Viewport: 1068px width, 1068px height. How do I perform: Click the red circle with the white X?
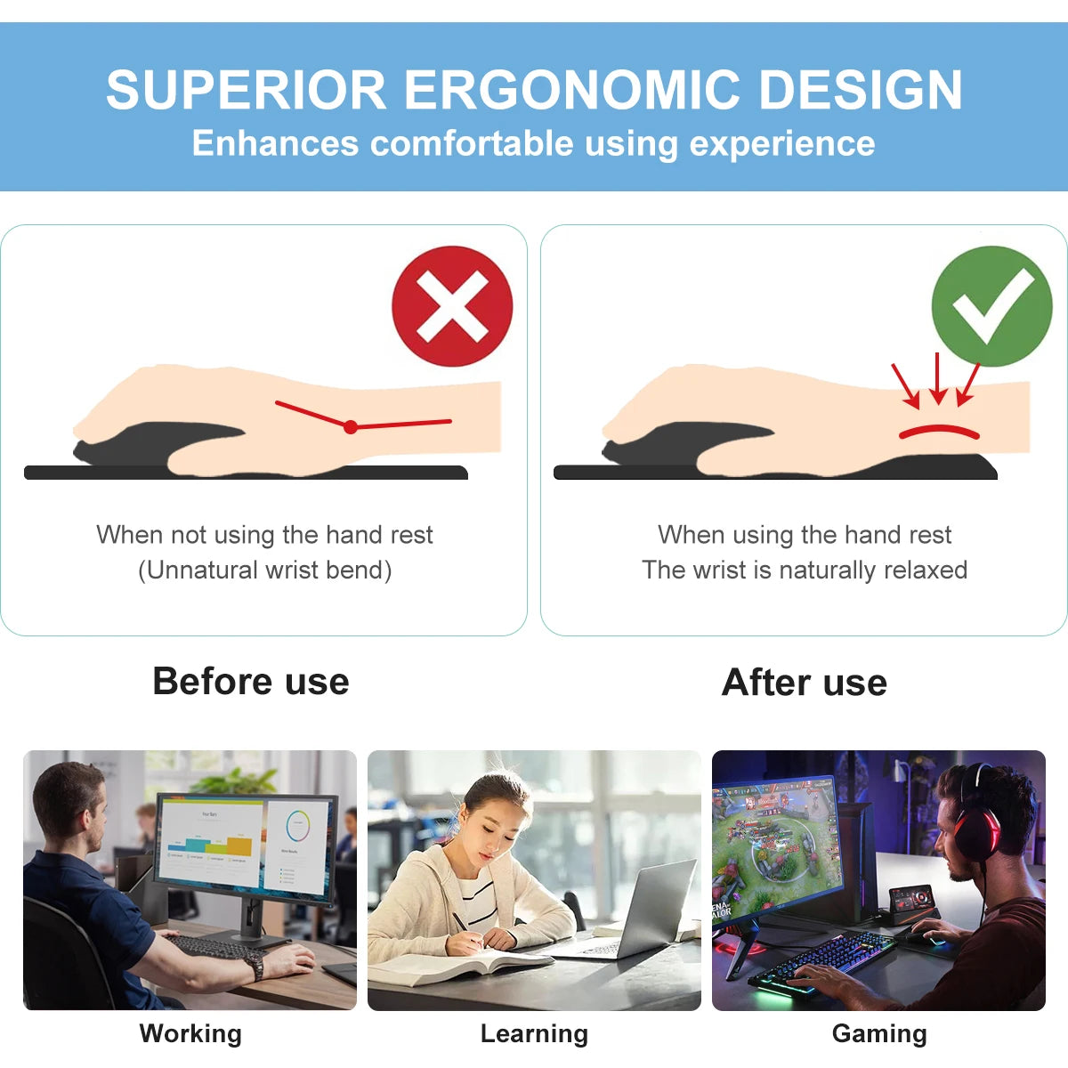452,306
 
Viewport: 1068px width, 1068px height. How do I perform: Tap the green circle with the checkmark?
991,306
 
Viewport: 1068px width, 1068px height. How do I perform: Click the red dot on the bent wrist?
351,427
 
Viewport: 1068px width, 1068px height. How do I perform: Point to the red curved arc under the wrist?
939,431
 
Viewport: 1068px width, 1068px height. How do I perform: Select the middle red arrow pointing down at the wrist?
937,378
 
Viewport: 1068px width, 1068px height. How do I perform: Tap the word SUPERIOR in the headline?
246,90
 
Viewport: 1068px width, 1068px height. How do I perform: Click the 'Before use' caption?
251,682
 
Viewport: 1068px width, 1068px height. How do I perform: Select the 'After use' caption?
805,683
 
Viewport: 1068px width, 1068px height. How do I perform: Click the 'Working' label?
190,1033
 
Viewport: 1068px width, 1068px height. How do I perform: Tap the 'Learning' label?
534,1033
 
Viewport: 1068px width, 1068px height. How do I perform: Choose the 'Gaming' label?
879,1033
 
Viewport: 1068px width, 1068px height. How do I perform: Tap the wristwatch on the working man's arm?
256,967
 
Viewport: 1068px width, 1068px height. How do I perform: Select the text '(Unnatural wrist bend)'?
264,570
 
